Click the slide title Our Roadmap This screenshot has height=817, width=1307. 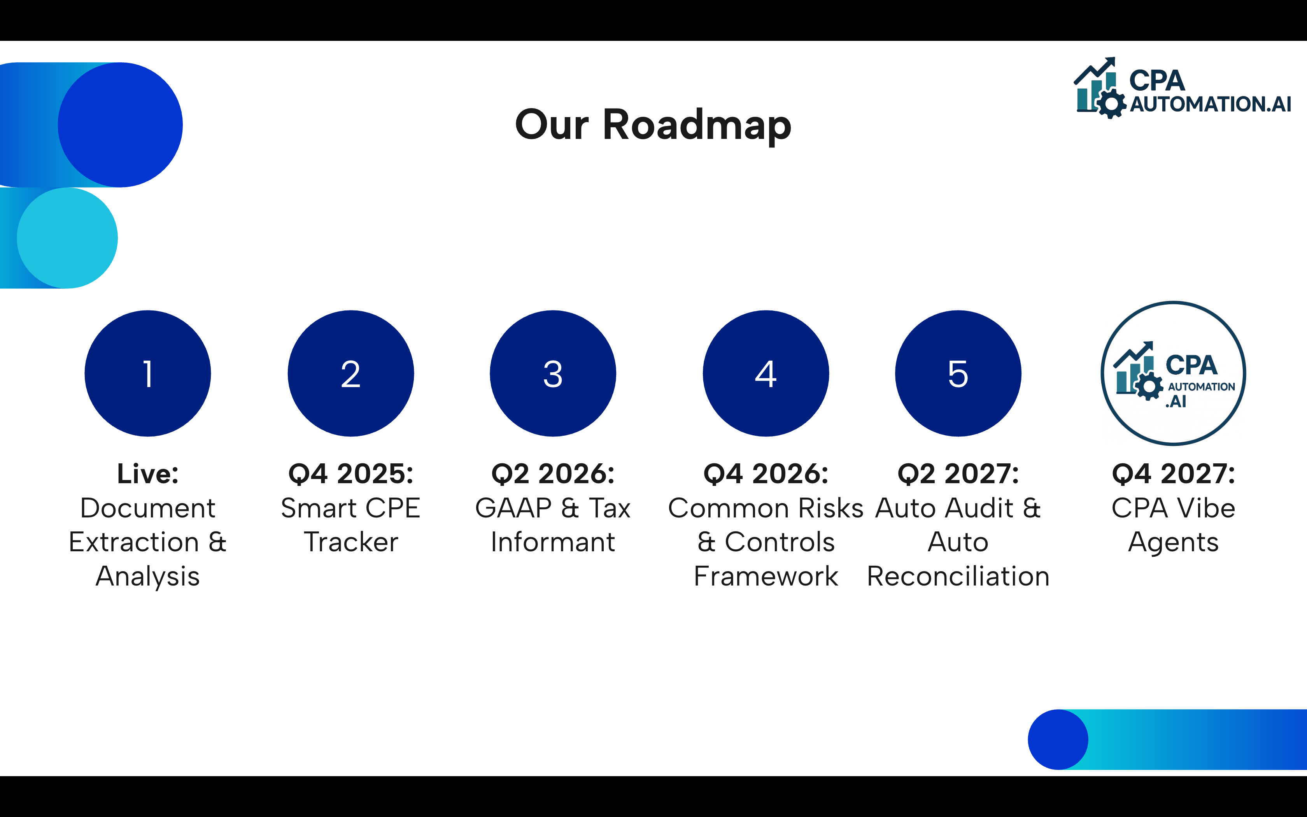(x=653, y=125)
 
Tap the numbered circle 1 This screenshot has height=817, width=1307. (x=147, y=373)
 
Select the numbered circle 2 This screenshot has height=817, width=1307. (x=350, y=373)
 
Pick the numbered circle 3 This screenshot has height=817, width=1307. (x=552, y=373)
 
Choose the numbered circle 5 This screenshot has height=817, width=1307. (x=958, y=373)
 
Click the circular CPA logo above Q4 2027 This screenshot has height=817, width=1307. (x=1173, y=373)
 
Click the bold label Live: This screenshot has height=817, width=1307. (x=147, y=474)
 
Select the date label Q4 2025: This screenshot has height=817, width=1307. (x=350, y=474)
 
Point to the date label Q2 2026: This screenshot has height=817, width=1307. (x=552, y=474)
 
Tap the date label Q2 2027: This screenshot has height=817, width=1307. (x=958, y=474)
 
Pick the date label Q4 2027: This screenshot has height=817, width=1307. (x=1173, y=474)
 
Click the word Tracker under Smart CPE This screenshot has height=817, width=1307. (x=350, y=542)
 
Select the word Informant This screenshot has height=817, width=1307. (x=552, y=542)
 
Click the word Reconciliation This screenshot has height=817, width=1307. (x=958, y=576)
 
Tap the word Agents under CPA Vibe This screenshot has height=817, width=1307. (x=1173, y=542)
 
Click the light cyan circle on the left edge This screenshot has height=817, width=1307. (x=67, y=238)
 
